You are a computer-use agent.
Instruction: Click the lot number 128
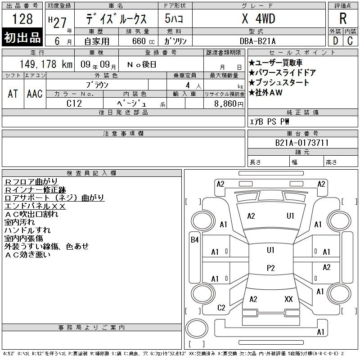pyautogui.click(x=22, y=19)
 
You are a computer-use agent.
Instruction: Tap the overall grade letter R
pyautogui.click(x=343, y=18)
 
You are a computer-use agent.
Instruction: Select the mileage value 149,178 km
pyautogui.click(x=46, y=64)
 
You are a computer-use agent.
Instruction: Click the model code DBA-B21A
pyautogui.click(x=257, y=41)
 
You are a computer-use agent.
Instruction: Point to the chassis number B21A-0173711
pyautogui.click(x=301, y=143)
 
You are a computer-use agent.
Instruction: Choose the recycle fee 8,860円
pyautogui.click(x=229, y=104)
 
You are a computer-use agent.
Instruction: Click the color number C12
pyautogui.click(x=74, y=103)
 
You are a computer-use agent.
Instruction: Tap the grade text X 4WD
pyautogui.click(x=258, y=18)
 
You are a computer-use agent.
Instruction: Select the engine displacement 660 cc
pyautogui.click(x=143, y=41)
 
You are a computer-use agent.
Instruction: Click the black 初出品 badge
pyautogui.click(x=22, y=37)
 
